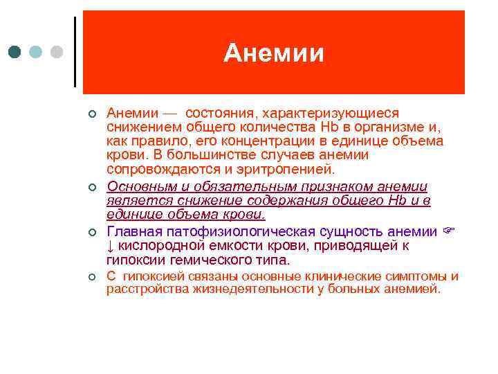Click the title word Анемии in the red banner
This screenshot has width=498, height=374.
(x=273, y=53)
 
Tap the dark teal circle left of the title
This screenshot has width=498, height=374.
(x=15, y=52)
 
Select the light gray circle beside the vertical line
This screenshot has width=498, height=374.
(x=57, y=52)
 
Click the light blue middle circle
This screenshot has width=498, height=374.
(x=36, y=52)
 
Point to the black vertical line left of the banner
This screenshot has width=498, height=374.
(x=74, y=52)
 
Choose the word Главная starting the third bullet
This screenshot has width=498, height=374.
(x=134, y=231)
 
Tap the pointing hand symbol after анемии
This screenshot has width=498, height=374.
(x=447, y=231)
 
